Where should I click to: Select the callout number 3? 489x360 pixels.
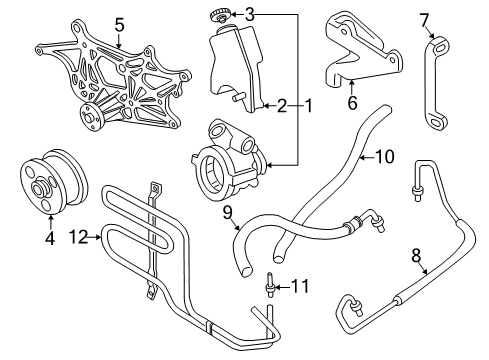pos(250,14)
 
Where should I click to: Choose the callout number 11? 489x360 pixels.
pos(298,287)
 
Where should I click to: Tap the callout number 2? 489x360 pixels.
pos(283,103)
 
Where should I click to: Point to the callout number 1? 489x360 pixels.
pos(310,103)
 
